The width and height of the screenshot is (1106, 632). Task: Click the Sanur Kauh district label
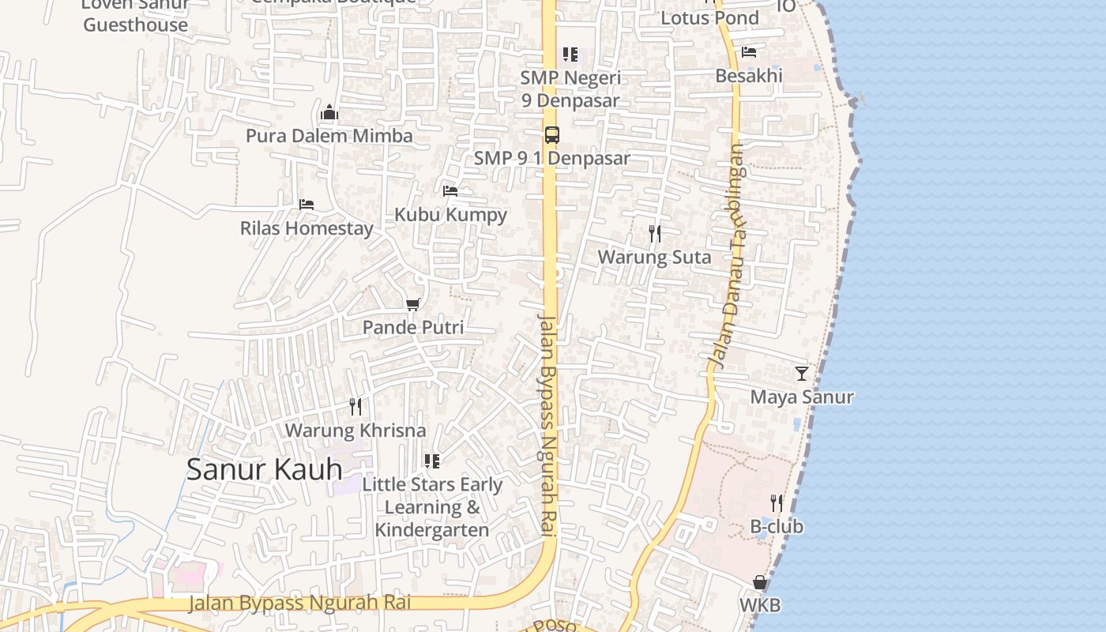pos(264,469)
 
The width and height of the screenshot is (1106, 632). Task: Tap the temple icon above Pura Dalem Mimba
pos(329,112)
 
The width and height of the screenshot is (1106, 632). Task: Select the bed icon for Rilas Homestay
pos(307,204)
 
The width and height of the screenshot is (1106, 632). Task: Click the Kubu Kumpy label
pos(450,214)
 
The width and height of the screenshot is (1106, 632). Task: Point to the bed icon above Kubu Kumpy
pos(450,190)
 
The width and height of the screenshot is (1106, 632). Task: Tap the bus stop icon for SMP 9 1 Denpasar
pos(551,134)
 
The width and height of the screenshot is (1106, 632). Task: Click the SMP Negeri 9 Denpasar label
pos(570,89)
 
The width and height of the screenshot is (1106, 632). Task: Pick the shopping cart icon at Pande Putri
pos(412,304)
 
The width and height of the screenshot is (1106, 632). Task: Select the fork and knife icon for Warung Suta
pos(654,233)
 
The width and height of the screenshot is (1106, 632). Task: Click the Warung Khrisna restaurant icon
pos(355,406)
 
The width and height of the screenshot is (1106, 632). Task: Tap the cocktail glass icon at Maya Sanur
pos(802,373)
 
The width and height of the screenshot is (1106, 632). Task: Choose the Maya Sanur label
pos(802,397)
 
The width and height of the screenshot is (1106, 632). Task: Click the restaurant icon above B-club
pos(777,502)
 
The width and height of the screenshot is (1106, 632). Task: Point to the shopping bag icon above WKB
pos(760,582)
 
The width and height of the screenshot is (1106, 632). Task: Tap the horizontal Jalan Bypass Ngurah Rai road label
pos(300,604)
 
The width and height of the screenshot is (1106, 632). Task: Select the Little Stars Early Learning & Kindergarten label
pos(432,507)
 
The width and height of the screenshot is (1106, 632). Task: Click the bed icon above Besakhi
pos(749,52)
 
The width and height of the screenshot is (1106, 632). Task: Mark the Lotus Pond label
pos(709,17)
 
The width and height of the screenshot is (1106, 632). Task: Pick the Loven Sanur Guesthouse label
pos(136,16)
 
